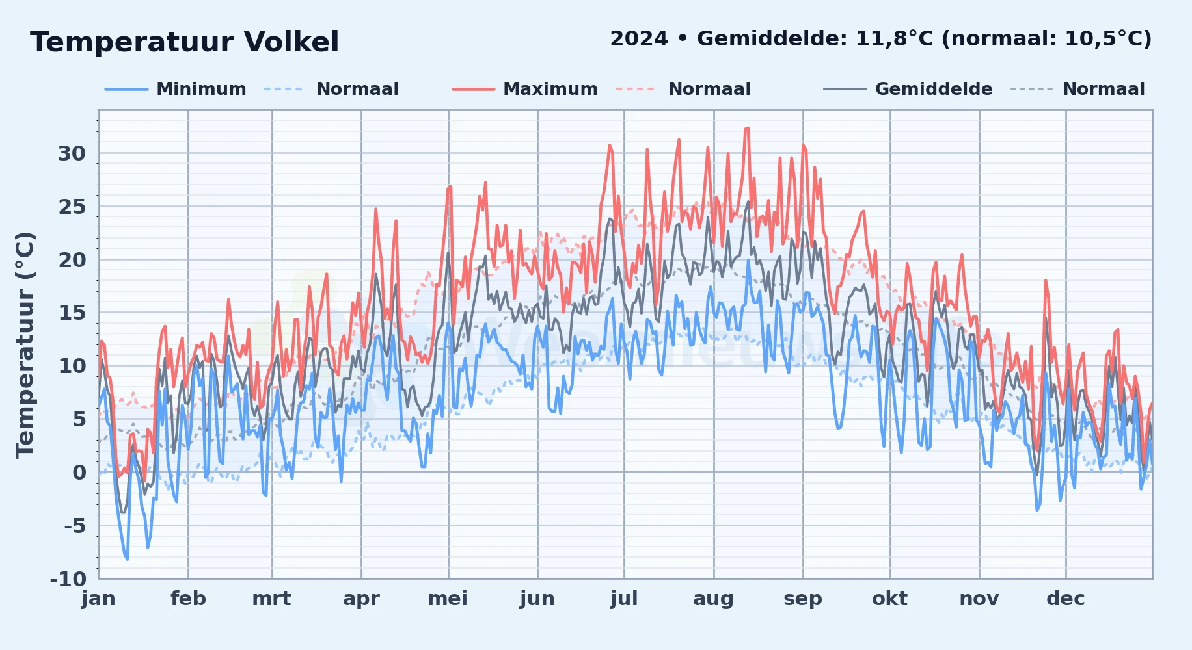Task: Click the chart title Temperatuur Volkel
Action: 184,42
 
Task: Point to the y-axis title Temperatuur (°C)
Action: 25,345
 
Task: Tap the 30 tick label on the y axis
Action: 72,153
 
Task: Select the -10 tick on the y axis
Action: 68,578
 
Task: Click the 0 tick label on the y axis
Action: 79,473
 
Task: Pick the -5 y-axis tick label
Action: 75,525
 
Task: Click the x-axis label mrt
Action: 271,599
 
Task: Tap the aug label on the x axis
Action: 713,599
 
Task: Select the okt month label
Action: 889,599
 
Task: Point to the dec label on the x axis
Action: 1066,599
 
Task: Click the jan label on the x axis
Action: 99,599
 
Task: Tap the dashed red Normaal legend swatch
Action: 635,89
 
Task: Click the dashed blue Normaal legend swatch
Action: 284,89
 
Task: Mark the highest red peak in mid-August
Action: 747,129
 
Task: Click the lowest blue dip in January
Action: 127,559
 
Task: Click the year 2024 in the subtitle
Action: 638,39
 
